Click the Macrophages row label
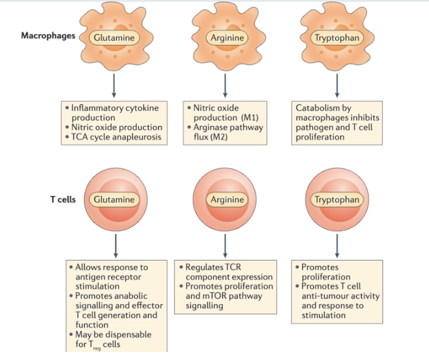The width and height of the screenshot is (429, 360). coord(48,36)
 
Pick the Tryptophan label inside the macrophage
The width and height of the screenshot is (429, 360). coord(337,38)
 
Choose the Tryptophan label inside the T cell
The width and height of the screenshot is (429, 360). coord(337,200)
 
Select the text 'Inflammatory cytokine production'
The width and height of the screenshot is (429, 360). coord(115,112)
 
